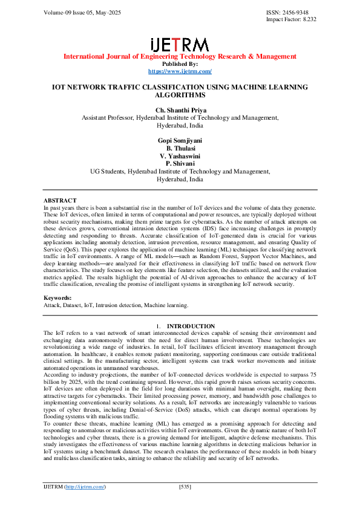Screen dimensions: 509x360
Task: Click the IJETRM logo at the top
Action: pyautogui.click(x=180, y=44)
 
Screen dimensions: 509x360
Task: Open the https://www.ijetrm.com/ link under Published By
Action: pyautogui.click(x=180, y=71)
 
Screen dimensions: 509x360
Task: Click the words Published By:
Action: pyautogui.click(x=180, y=64)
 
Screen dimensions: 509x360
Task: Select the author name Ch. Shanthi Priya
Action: pyautogui.click(x=180, y=110)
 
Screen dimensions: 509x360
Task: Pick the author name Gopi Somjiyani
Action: pyautogui.click(x=180, y=140)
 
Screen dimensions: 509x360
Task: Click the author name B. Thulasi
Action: pyautogui.click(x=180, y=148)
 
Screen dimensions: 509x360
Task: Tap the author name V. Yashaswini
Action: pyautogui.click(x=180, y=156)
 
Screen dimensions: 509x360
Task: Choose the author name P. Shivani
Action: pyautogui.click(x=180, y=164)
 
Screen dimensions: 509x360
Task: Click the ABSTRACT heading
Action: pyautogui.click(x=60, y=200)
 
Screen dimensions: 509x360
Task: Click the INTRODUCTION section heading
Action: pyautogui.click(x=191, y=326)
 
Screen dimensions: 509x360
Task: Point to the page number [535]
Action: pyautogui.click(x=185, y=487)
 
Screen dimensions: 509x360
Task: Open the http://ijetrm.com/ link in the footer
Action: pyautogui.click(x=85, y=487)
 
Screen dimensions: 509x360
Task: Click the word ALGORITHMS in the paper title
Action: pyautogui.click(x=180, y=96)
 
